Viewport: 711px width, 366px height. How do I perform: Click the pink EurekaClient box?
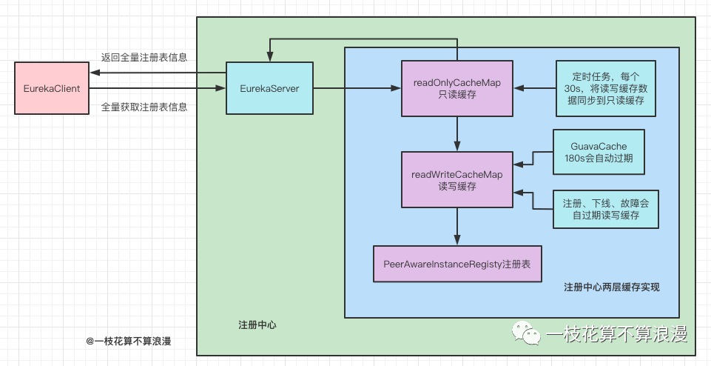pyautogui.click(x=52, y=88)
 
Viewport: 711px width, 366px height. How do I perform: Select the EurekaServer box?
pyautogui.click(x=269, y=88)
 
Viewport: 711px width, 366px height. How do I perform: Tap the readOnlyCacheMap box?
pyautogui.click(x=457, y=88)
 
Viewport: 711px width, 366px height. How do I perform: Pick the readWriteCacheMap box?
pyautogui.click(x=457, y=180)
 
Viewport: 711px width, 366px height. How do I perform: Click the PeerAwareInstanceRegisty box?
pyautogui.click(x=457, y=264)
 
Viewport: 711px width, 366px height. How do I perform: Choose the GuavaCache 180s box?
pyautogui.click(x=599, y=152)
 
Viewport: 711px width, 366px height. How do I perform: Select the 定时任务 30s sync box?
pyautogui.click(x=605, y=88)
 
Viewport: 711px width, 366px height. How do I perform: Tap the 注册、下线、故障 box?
pyautogui.click(x=605, y=210)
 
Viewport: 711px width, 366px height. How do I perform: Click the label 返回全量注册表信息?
pyautogui.click(x=144, y=58)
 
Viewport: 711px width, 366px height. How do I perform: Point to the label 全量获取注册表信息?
pyautogui.click(x=144, y=107)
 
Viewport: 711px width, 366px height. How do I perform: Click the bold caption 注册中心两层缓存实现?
pyautogui.click(x=611, y=287)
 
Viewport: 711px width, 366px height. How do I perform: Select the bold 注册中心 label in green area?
pyautogui.click(x=257, y=325)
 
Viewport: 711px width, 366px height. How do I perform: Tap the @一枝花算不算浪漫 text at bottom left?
pyautogui.click(x=129, y=342)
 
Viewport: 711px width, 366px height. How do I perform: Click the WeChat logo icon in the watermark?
pyautogui.click(x=527, y=333)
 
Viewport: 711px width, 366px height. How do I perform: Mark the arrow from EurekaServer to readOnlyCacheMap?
pyautogui.click(x=357, y=89)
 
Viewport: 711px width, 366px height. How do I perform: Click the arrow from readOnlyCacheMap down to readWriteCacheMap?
pyautogui.click(x=457, y=134)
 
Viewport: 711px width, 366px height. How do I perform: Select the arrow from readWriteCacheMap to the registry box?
pyautogui.click(x=457, y=227)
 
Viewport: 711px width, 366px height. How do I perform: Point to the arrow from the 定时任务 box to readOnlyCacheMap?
pyautogui.click(x=534, y=89)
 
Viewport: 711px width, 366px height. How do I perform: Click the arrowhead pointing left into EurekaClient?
pyautogui.click(x=94, y=73)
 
